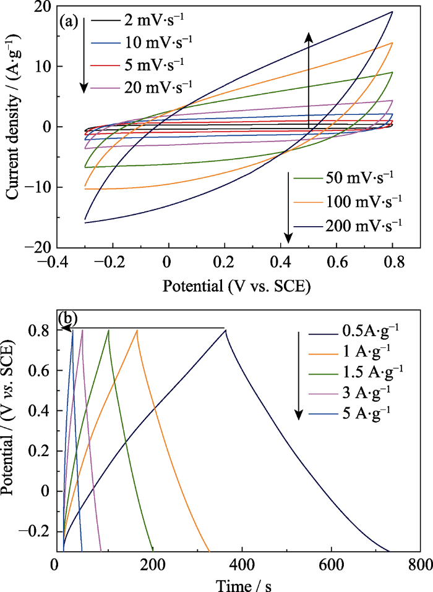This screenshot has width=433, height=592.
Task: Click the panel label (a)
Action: [x=69, y=23]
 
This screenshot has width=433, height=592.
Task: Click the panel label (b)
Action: [x=67, y=319]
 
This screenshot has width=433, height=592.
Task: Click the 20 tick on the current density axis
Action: [x=42, y=7]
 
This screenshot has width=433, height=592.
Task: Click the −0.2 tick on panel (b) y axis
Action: [x=37, y=531]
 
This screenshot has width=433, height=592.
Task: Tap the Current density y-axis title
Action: [x=13, y=127]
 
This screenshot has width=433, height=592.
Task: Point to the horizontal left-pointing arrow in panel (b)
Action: [x=142, y=329]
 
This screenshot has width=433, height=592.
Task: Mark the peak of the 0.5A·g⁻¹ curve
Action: [x=226, y=330]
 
